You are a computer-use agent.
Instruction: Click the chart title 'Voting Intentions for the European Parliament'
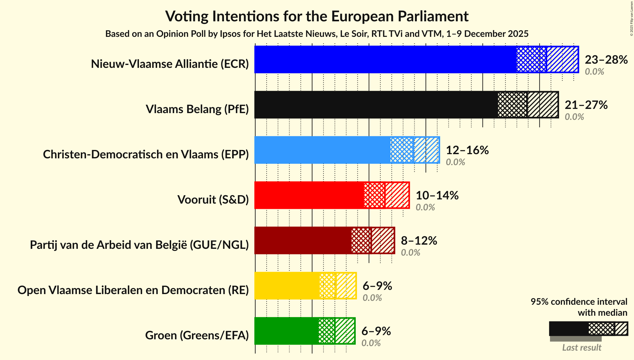pyautogui.click(x=317, y=16)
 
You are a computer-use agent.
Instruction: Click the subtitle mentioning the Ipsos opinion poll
pyautogui.click(x=317, y=34)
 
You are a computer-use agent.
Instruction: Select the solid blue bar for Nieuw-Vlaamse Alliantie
pyautogui.click(x=385, y=59)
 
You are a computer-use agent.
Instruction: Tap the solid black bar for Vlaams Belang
pyautogui.click(x=375, y=105)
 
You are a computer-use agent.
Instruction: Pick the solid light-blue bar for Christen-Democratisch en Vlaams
pyautogui.click(x=322, y=150)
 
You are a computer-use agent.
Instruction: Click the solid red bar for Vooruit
pyautogui.click(x=309, y=195)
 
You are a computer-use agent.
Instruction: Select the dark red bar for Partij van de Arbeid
pyautogui.click(x=302, y=240)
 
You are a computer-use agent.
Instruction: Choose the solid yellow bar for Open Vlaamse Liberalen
pyautogui.click(x=286, y=286)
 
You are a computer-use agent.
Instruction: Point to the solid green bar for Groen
pyautogui.click(x=286, y=331)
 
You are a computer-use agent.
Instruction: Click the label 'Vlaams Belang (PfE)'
pyautogui.click(x=197, y=109)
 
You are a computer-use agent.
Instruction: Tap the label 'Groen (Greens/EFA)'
pyautogui.click(x=197, y=335)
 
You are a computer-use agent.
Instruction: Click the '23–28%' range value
pyautogui.click(x=606, y=60)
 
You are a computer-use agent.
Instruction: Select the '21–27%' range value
pyautogui.click(x=586, y=105)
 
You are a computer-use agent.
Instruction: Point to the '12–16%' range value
pyautogui.click(x=467, y=150)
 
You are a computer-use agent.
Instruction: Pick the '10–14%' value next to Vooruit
pyautogui.click(x=437, y=196)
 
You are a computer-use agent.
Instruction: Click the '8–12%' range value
pyautogui.click(x=419, y=241)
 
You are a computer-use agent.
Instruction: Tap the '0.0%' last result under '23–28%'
pyautogui.click(x=594, y=72)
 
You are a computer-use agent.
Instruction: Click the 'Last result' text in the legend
pyautogui.click(x=581, y=347)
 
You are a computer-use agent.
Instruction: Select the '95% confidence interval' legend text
pyautogui.click(x=578, y=302)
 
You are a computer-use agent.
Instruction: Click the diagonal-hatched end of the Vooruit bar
pyautogui.click(x=397, y=195)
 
